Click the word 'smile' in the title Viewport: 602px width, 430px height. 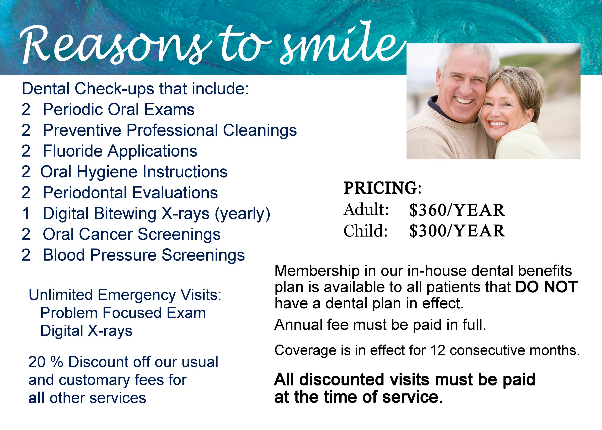[x=342, y=42]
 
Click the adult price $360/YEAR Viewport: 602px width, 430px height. [x=457, y=210]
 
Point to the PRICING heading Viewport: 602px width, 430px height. [x=382, y=188]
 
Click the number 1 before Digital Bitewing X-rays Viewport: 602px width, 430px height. [x=26, y=213]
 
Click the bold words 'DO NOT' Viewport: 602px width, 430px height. [x=546, y=287]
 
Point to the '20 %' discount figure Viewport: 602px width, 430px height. [x=46, y=362]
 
